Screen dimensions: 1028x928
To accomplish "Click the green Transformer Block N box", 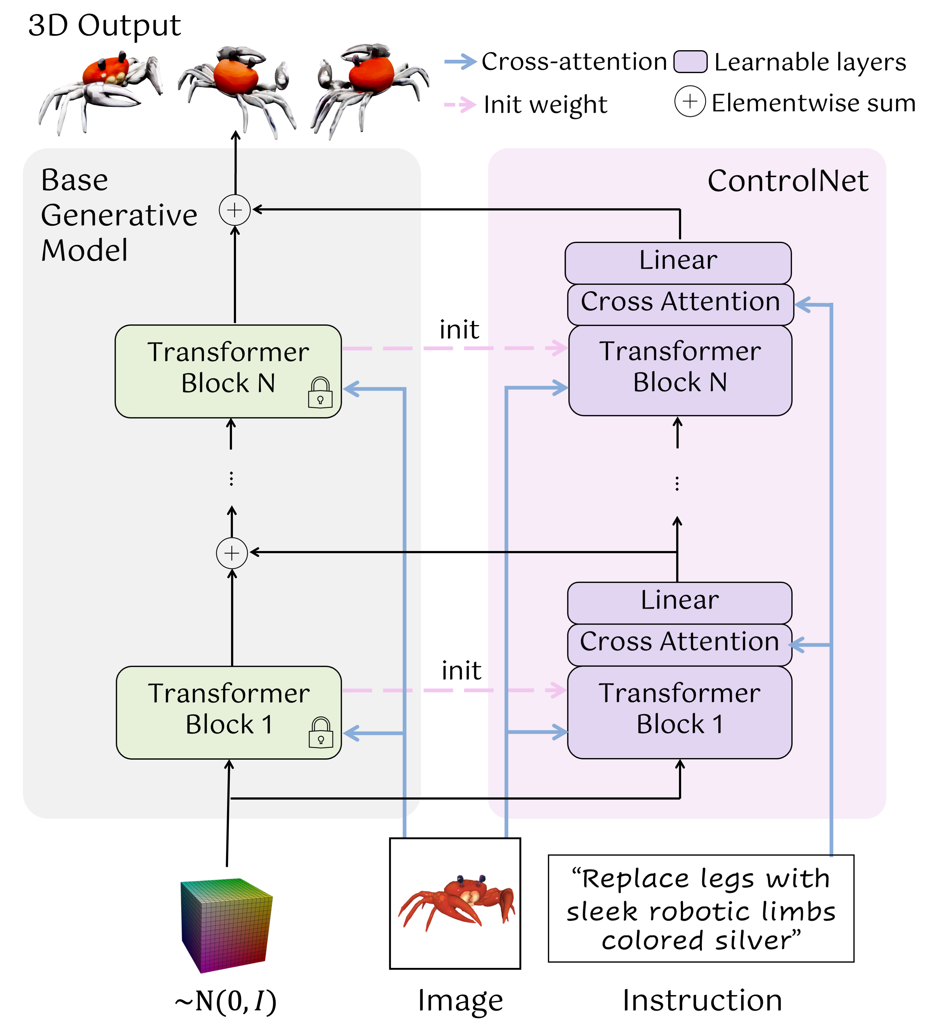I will [x=228, y=371].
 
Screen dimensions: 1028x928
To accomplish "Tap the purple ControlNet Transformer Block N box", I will [x=680, y=370].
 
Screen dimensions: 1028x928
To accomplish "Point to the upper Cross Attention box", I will [x=680, y=304].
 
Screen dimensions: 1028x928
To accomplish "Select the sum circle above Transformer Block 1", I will [x=232, y=553].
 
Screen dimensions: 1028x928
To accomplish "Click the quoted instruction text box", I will [x=701, y=909].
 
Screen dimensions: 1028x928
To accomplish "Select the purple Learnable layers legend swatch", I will [x=690, y=62].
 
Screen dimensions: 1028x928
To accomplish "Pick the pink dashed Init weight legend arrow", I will [x=460, y=105].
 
